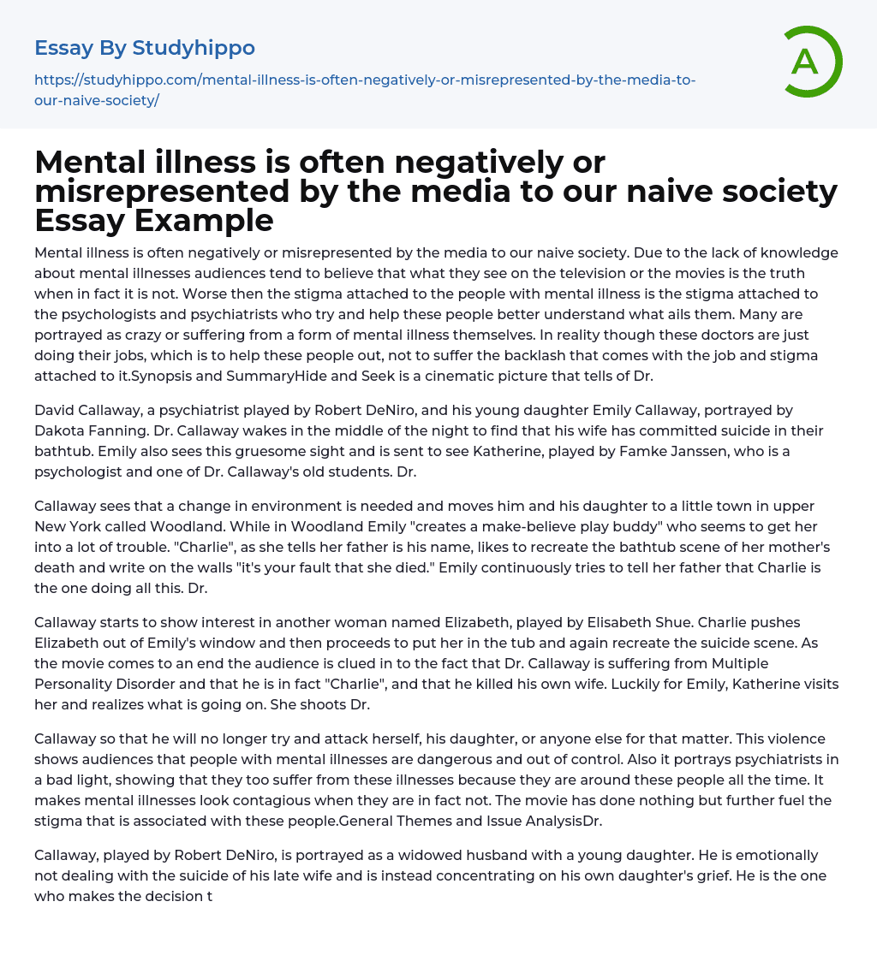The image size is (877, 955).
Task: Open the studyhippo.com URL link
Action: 365,90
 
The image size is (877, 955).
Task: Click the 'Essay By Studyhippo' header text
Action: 145,48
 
